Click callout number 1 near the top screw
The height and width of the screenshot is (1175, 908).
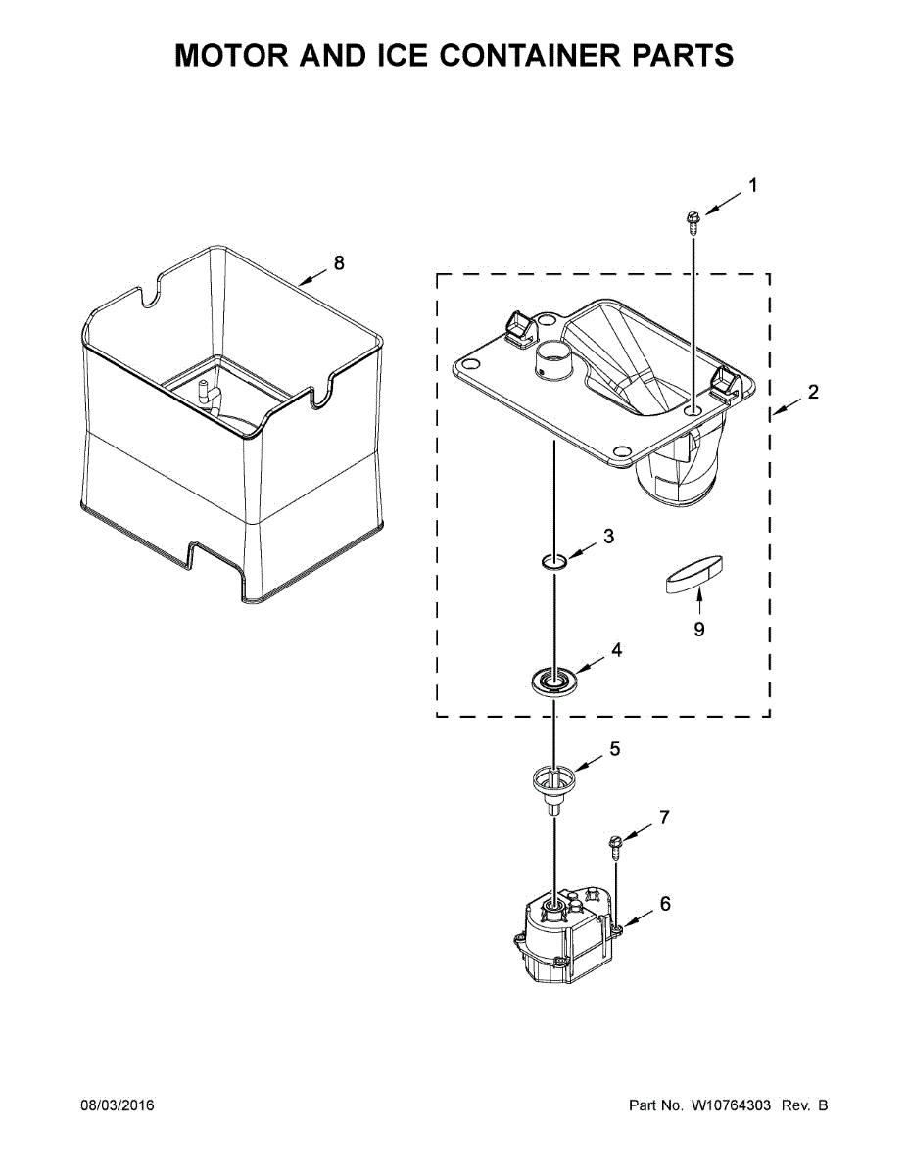click(x=752, y=185)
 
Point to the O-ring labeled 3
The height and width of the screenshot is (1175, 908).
click(x=554, y=561)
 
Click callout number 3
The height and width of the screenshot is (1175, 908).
click(x=608, y=536)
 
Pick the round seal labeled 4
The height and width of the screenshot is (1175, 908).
click(x=553, y=680)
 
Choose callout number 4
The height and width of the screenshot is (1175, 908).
click(x=616, y=649)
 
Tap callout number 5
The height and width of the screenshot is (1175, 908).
click(x=614, y=748)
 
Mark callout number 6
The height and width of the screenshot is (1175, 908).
click(x=665, y=904)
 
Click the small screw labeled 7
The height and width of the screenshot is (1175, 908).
click(x=616, y=843)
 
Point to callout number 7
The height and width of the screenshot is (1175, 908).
click(x=664, y=817)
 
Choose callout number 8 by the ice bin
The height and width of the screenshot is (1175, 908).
click(x=339, y=262)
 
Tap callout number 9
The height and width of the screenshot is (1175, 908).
click(x=698, y=630)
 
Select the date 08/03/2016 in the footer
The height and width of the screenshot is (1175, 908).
click(x=117, y=1105)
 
